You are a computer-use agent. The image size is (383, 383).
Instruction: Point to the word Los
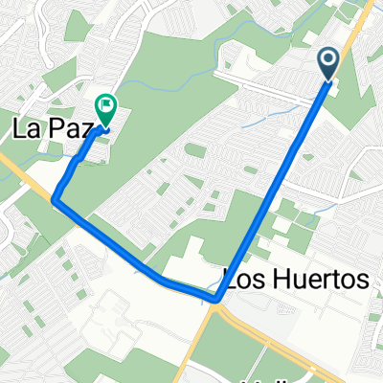245,280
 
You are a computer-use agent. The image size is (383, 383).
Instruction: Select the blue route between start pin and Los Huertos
278,182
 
